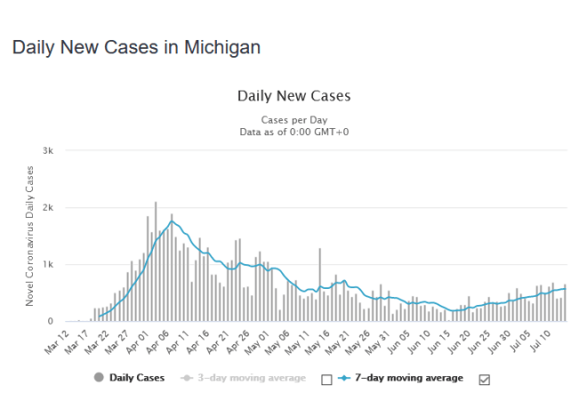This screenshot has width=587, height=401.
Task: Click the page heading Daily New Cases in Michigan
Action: [x=136, y=47]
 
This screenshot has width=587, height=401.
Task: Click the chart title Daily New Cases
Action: [x=294, y=96]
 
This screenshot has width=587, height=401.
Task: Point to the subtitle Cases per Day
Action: [x=294, y=119]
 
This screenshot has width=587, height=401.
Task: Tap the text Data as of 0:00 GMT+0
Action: [x=294, y=132]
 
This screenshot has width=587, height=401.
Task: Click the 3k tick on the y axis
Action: [x=49, y=151]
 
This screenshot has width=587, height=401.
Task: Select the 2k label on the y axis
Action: [x=49, y=208]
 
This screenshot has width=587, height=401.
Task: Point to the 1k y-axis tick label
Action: [x=49, y=265]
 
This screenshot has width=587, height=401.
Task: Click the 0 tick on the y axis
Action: [x=52, y=321]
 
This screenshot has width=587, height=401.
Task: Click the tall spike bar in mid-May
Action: [x=319, y=285]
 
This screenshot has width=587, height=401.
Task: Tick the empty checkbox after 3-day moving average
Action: [x=326, y=380]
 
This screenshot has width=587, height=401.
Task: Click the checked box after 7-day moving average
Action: [x=484, y=380]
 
